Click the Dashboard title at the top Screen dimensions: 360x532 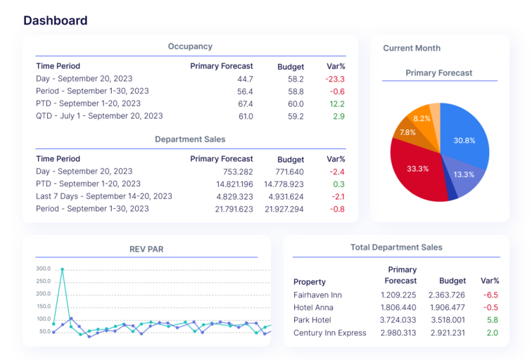[55, 20]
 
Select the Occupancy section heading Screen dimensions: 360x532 [190, 46]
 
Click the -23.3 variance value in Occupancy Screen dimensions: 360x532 [334, 79]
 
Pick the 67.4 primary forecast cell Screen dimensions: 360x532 [245, 104]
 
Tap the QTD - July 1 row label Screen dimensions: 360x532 [99, 116]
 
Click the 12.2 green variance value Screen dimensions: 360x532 [336, 104]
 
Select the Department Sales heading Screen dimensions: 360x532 [190, 139]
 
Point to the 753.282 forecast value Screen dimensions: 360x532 [237, 172]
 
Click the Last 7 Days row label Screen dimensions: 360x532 [104, 196]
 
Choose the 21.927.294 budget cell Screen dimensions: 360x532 [284, 209]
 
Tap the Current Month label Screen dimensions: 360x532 [412, 48]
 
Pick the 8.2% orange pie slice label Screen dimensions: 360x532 [422, 118]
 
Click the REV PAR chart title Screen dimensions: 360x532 [146, 249]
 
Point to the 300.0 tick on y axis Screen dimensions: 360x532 [44, 269]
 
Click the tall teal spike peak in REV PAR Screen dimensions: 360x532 [62, 269]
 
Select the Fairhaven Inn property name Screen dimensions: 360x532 [317, 295]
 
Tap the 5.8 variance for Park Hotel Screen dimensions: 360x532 [492, 320]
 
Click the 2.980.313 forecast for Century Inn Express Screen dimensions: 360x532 [398, 333]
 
